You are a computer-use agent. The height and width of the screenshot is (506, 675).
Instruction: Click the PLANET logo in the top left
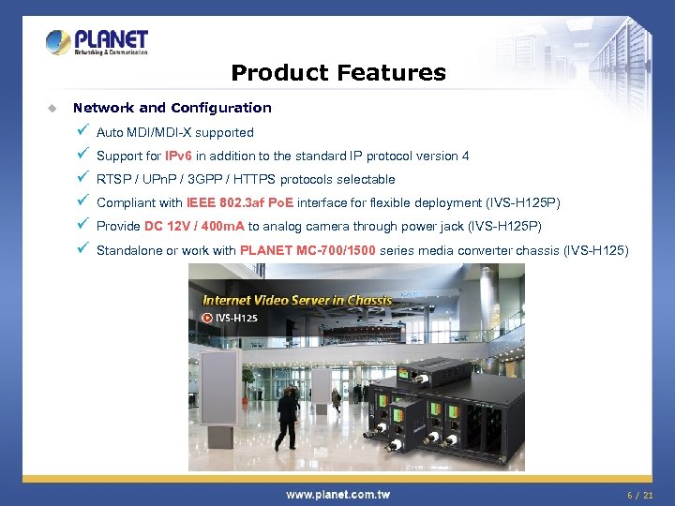click(x=97, y=42)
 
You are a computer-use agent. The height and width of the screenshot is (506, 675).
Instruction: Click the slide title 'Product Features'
click(x=337, y=72)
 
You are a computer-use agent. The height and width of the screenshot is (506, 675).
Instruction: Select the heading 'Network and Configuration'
click(x=172, y=108)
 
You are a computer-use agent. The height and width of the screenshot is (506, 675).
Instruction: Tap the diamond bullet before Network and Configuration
click(x=53, y=108)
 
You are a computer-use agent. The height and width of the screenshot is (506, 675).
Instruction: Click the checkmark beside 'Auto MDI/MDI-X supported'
click(x=82, y=132)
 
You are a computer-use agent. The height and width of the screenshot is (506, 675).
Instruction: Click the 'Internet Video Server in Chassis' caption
click(x=297, y=300)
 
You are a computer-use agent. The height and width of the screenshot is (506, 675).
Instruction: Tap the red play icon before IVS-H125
click(x=207, y=318)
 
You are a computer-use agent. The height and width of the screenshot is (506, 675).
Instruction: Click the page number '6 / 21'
click(x=640, y=494)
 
